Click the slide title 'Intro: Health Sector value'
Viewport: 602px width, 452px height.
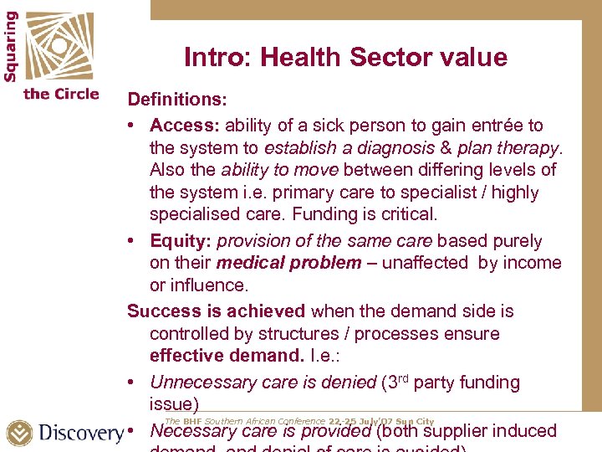pyautogui.click(x=345, y=57)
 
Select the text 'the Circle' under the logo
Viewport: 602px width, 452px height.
pyautogui.click(x=61, y=94)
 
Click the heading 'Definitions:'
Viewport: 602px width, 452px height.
pyautogui.click(x=176, y=99)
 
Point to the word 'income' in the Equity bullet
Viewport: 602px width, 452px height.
pyautogui.click(x=533, y=263)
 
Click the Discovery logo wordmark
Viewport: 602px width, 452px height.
pyautogui.click(x=81, y=433)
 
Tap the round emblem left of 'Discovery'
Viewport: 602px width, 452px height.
pyautogui.click(x=19, y=433)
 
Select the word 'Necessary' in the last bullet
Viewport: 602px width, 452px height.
pyautogui.click(x=191, y=432)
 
